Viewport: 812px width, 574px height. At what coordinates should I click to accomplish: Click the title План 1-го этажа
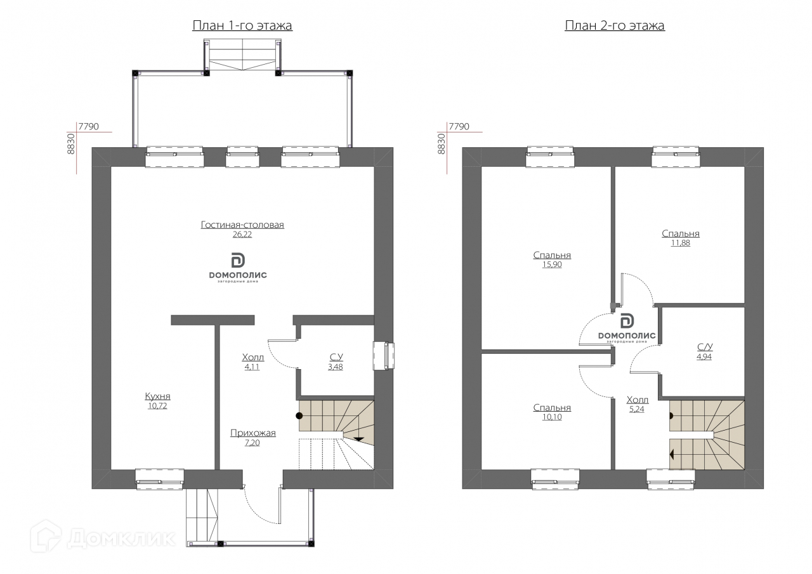[242, 26]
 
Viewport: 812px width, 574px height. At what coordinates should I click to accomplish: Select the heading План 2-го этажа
[615, 26]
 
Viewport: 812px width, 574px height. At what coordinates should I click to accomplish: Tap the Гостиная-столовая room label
[242, 225]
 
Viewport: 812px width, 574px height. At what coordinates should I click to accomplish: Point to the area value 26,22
[242, 235]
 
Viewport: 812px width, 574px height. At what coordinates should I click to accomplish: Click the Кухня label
[158, 396]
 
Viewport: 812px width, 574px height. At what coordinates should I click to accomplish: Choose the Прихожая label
[253, 433]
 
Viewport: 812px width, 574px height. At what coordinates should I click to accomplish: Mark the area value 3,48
[336, 367]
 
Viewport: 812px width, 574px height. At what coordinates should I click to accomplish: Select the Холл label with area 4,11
[253, 357]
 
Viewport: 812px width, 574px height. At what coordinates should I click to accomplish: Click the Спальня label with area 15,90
[552, 255]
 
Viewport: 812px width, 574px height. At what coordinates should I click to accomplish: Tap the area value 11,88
[681, 243]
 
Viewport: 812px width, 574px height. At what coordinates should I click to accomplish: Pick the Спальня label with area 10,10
[552, 408]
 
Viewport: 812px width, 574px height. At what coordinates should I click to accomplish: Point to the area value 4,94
[704, 356]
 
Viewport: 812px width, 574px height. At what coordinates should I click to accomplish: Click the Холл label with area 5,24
[638, 400]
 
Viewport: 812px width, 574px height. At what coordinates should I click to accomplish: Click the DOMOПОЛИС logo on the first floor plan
[238, 268]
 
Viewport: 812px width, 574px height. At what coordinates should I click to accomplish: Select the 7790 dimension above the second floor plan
[459, 126]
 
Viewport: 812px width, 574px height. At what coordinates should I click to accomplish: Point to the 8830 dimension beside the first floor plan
[71, 144]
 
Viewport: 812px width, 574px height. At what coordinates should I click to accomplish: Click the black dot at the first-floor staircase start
[299, 415]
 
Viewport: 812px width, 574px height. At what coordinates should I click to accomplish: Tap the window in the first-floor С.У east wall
[384, 355]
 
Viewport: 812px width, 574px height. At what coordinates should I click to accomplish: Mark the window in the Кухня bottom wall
[159, 479]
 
